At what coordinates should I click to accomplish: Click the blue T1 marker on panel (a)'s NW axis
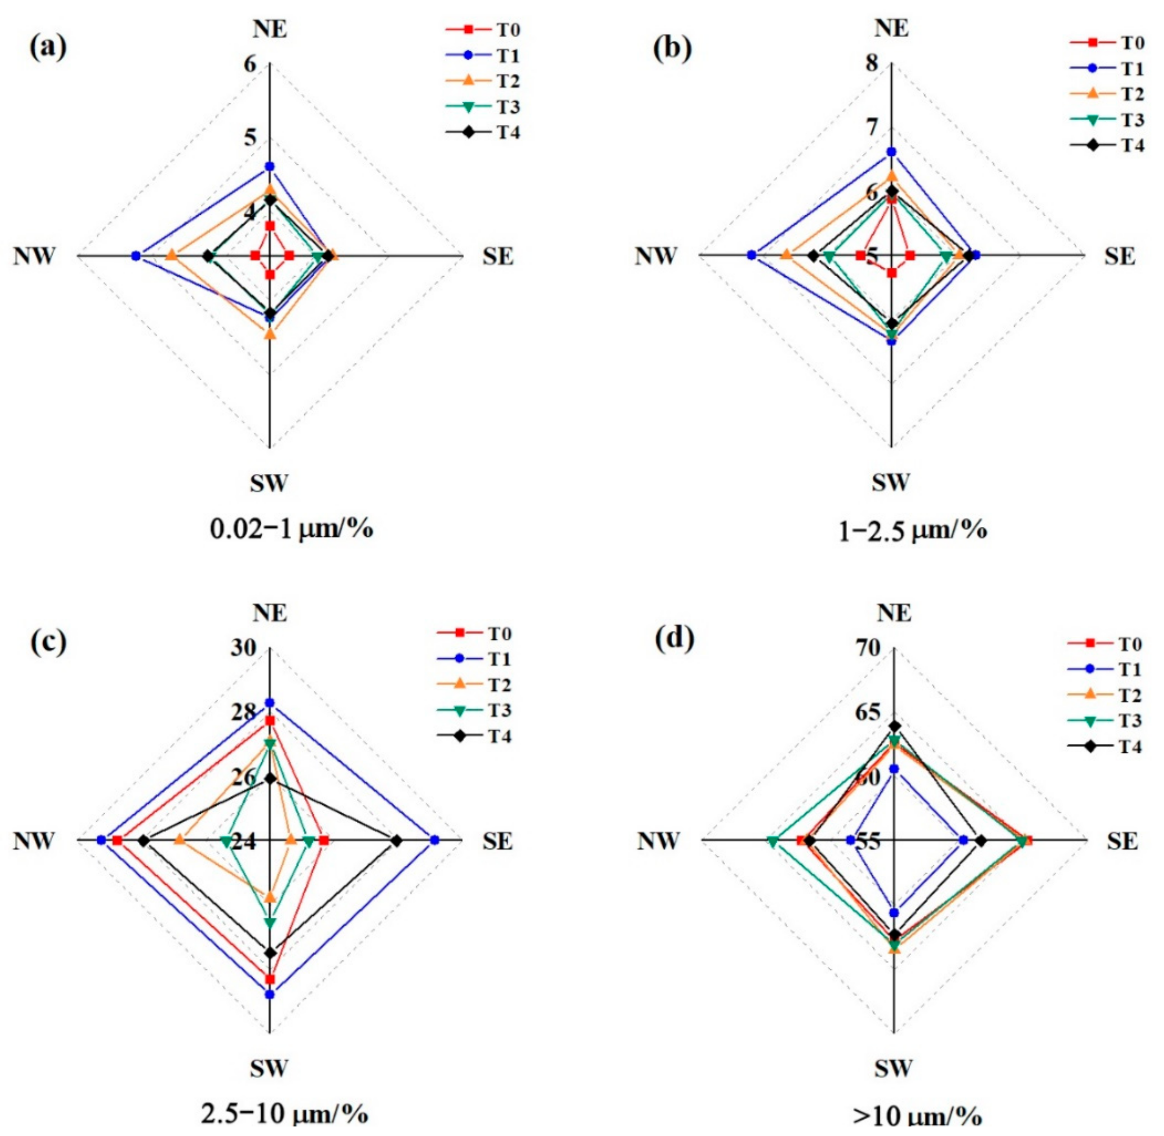click(x=136, y=256)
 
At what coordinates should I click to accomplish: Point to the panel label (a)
click(x=48, y=48)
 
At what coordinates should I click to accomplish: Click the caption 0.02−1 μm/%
click(x=292, y=528)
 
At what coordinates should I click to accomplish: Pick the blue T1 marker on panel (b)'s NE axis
click(x=891, y=151)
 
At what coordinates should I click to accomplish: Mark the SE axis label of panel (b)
click(x=1119, y=257)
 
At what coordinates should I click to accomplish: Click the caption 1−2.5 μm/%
click(x=913, y=530)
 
